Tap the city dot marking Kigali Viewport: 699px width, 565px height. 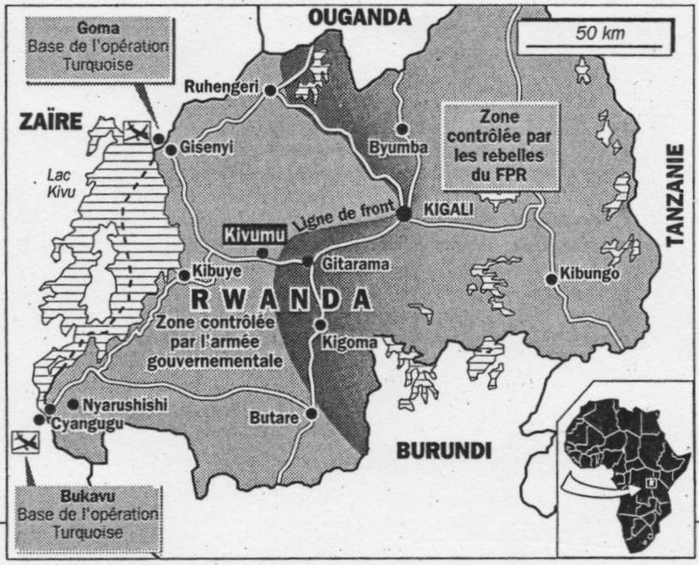coord(404,214)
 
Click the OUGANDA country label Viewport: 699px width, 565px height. coord(358,15)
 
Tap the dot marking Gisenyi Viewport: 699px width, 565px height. coord(171,150)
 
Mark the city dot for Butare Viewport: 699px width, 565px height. coord(312,414)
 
